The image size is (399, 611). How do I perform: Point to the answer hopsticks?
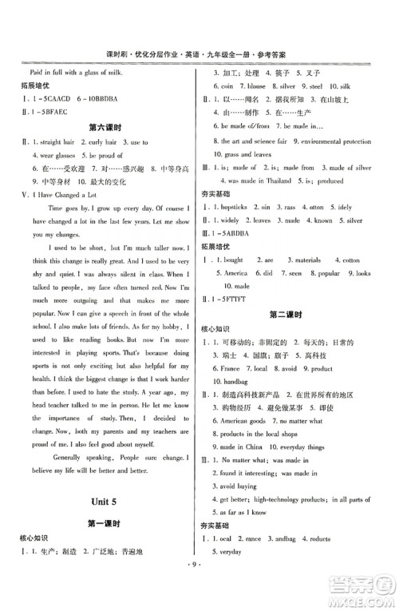pos(236,207)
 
